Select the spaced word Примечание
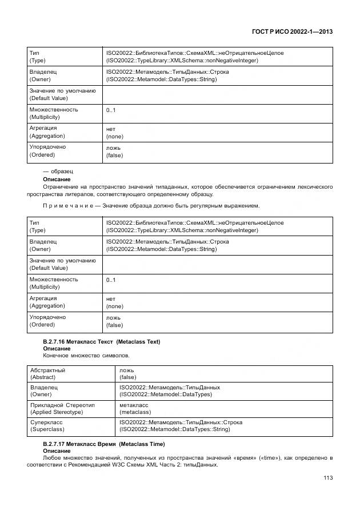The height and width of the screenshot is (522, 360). click(68, 205)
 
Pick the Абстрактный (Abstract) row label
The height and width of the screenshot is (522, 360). click(48, 374)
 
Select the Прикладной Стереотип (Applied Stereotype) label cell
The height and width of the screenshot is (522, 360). click(62, 408)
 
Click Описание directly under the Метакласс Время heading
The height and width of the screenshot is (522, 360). click(57, 451)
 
